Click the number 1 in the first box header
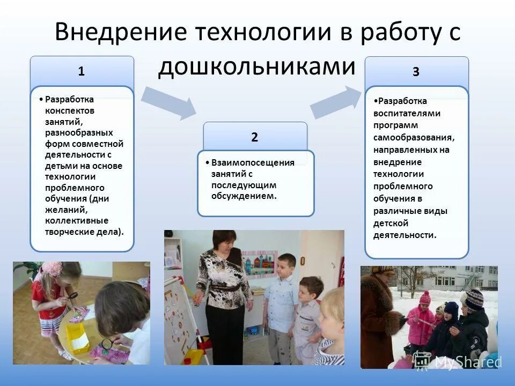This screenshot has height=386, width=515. tap(81, 71)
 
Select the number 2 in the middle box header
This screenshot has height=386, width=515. tap(254, 137)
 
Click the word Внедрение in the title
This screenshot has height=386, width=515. tap(120, 33)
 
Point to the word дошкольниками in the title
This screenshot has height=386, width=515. tap(256, 67)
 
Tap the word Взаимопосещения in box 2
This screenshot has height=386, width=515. tap(253, 162)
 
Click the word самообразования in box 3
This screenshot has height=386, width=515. tap(414, 137)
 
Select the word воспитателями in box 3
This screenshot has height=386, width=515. tap(407, 113)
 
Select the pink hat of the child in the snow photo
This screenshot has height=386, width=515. tap(425, 297)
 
